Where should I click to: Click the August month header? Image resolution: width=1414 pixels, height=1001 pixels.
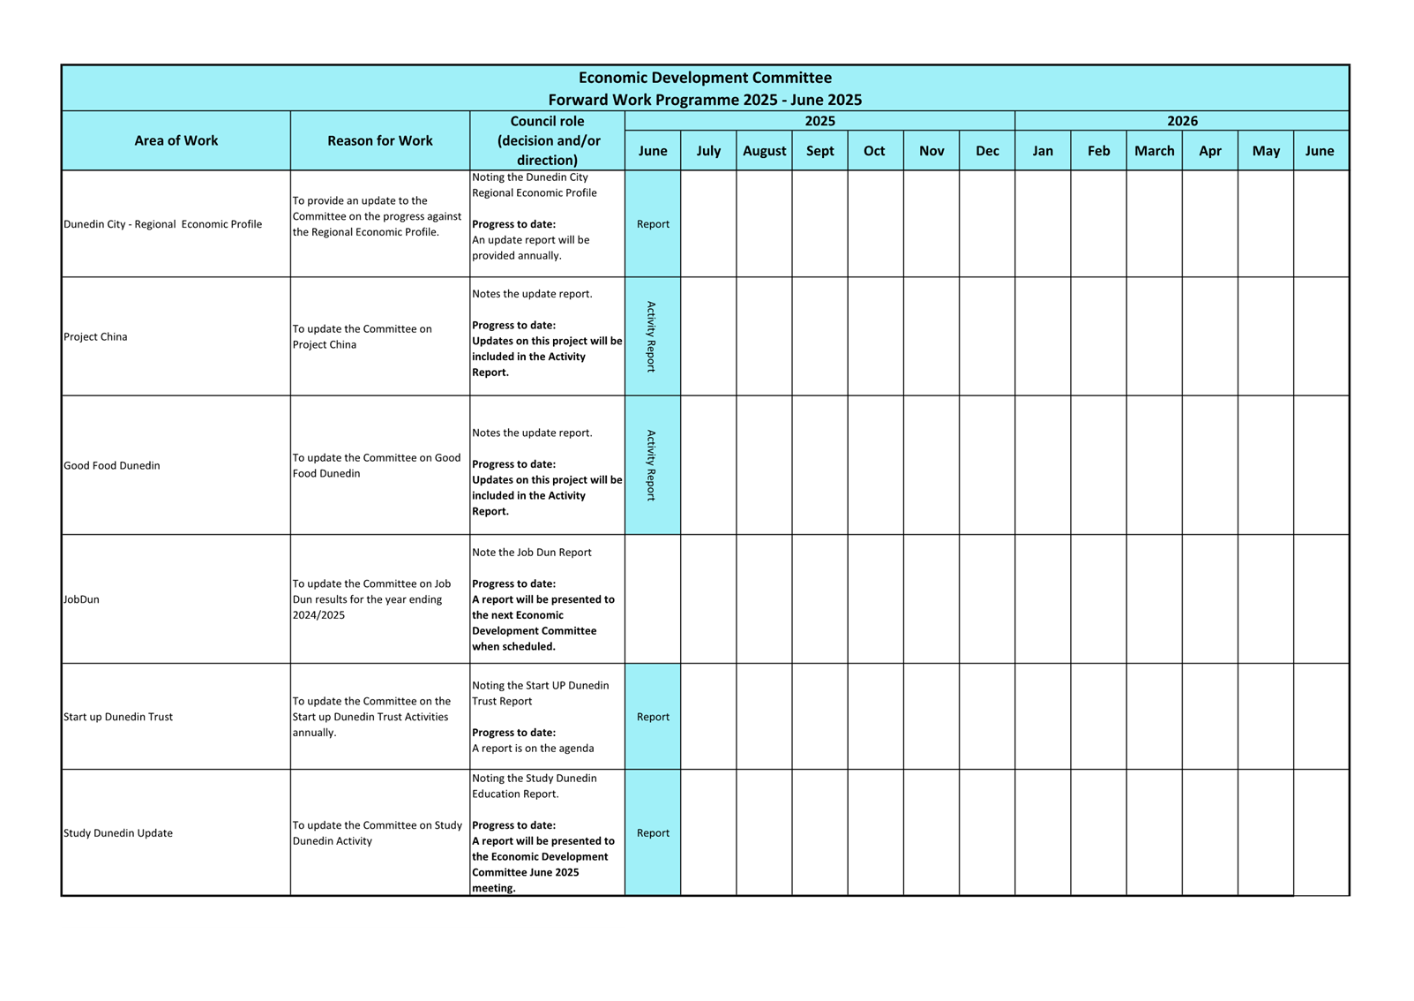coord(764,151)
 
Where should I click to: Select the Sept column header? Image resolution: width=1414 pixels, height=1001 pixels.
coord(819,151)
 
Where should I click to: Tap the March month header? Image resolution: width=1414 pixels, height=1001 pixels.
coord(1154,151)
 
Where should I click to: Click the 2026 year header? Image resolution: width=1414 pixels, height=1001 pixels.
coord(1182,121)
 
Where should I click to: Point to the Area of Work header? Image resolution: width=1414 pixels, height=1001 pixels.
coord(176,140)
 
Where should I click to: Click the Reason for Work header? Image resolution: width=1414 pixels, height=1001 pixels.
coord(379,140)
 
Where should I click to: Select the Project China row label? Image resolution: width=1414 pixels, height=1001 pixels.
coord(95,336)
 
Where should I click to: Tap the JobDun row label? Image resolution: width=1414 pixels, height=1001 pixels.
coord(81,599)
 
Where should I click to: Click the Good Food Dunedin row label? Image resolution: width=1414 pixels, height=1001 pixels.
coord(112,465)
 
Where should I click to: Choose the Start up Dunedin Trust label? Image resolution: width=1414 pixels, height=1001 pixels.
coord(118,717)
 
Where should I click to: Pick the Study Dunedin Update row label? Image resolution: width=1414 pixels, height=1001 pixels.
coord(118,833)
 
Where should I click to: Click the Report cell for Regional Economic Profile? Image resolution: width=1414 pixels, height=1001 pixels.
coord(653,224)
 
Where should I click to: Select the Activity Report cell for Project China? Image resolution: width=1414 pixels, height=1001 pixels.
coord(652,336)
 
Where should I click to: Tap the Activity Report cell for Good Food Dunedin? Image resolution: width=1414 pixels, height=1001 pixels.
coord(652,465)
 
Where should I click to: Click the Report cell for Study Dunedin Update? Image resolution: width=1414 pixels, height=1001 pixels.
coord(653,833)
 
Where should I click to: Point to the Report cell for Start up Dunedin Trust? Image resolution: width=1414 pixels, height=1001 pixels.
coord(653,717)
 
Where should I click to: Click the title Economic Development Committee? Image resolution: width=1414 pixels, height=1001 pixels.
coord(705,78)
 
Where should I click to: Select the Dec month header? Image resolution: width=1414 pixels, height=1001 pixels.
coord(987,151)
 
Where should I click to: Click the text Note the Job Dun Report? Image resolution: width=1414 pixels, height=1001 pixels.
coord(532,553)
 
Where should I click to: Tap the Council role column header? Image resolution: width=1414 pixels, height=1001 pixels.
coord(548,140)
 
